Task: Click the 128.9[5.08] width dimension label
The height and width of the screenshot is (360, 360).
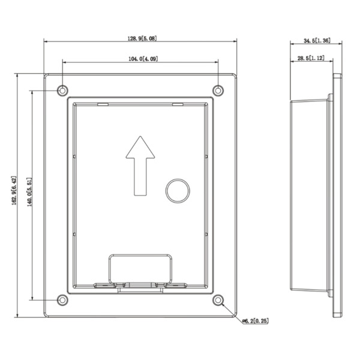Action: (x=141, y=38)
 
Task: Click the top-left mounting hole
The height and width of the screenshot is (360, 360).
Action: (x=62, y=91)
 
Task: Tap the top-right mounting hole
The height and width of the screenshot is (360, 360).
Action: (x=219, y=91)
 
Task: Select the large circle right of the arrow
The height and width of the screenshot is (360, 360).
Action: (x=178, y=191)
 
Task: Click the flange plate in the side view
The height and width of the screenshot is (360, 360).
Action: (x=337, y=195)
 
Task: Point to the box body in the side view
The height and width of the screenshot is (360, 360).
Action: (x=309, y=195)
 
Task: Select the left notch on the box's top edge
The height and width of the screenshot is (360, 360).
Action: (x=102, y=104)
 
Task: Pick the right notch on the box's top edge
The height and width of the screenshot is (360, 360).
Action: (x=177, y=104)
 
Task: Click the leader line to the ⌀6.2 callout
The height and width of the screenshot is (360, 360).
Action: (x=231, y=310)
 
